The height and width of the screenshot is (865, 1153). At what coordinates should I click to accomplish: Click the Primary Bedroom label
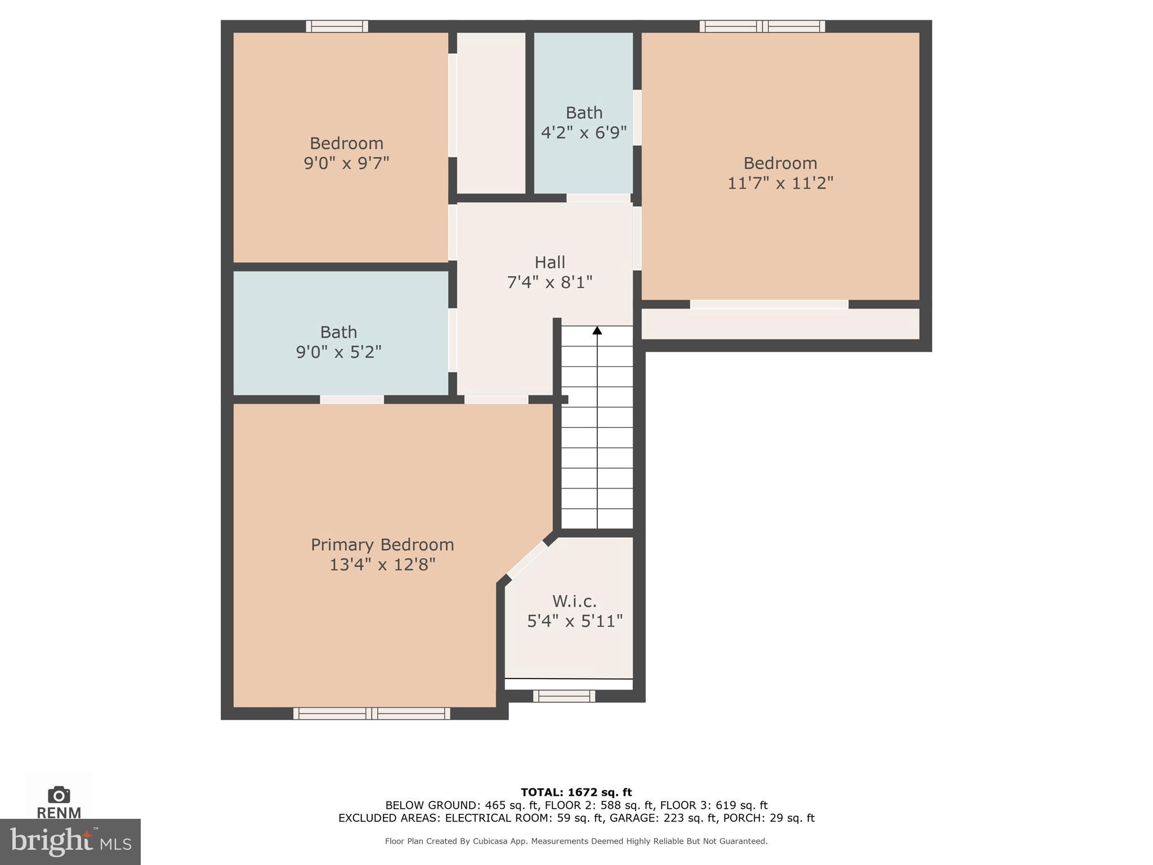click(382, 545)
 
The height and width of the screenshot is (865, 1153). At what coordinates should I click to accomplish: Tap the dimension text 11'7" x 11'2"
click(780, 183)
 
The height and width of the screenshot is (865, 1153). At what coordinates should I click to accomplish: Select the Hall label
click(549, 262)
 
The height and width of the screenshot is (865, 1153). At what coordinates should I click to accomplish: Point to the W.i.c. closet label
click(574, 601)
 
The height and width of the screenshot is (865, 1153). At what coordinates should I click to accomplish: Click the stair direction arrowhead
click(597, 331)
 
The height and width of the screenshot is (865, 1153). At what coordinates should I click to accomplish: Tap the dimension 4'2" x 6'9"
click(584, 133)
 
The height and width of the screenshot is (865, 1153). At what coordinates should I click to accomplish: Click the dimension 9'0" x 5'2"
click(338, 352)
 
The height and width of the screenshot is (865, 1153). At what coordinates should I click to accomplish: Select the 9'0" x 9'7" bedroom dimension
click(346, 163)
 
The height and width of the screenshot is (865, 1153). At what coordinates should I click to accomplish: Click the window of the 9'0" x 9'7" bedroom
click(337, 26)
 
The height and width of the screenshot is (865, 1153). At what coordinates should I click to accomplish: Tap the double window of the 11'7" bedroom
click(762, 26)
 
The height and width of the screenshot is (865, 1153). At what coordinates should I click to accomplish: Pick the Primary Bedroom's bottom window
click(372, 714)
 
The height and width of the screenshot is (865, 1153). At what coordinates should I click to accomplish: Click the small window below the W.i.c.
click(564, 696)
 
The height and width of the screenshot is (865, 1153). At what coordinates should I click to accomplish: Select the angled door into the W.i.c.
click(527, 559)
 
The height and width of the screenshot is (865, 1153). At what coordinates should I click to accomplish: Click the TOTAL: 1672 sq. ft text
click(576, 793)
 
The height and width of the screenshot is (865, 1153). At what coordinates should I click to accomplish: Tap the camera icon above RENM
click(59, 795)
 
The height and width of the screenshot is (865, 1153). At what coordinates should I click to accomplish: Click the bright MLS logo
click(70, 842)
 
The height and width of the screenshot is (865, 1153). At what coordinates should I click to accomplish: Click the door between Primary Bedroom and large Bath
click(352, 399)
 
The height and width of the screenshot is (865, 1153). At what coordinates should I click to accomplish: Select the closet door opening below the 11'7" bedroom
click(769, 304)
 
